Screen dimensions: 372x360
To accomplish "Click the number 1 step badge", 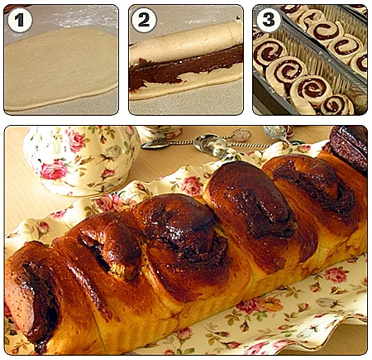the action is click(20, 20).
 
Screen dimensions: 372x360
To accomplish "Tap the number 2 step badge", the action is click(144, 20).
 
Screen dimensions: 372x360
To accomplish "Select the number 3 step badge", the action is click(269, 20).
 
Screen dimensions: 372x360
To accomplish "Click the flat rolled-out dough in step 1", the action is click(60, 68).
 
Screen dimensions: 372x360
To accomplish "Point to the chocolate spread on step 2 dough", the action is click(179, 69).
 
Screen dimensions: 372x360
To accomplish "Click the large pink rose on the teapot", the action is click(54, 170).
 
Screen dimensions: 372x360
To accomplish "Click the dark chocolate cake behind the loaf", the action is click(350, 146).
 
